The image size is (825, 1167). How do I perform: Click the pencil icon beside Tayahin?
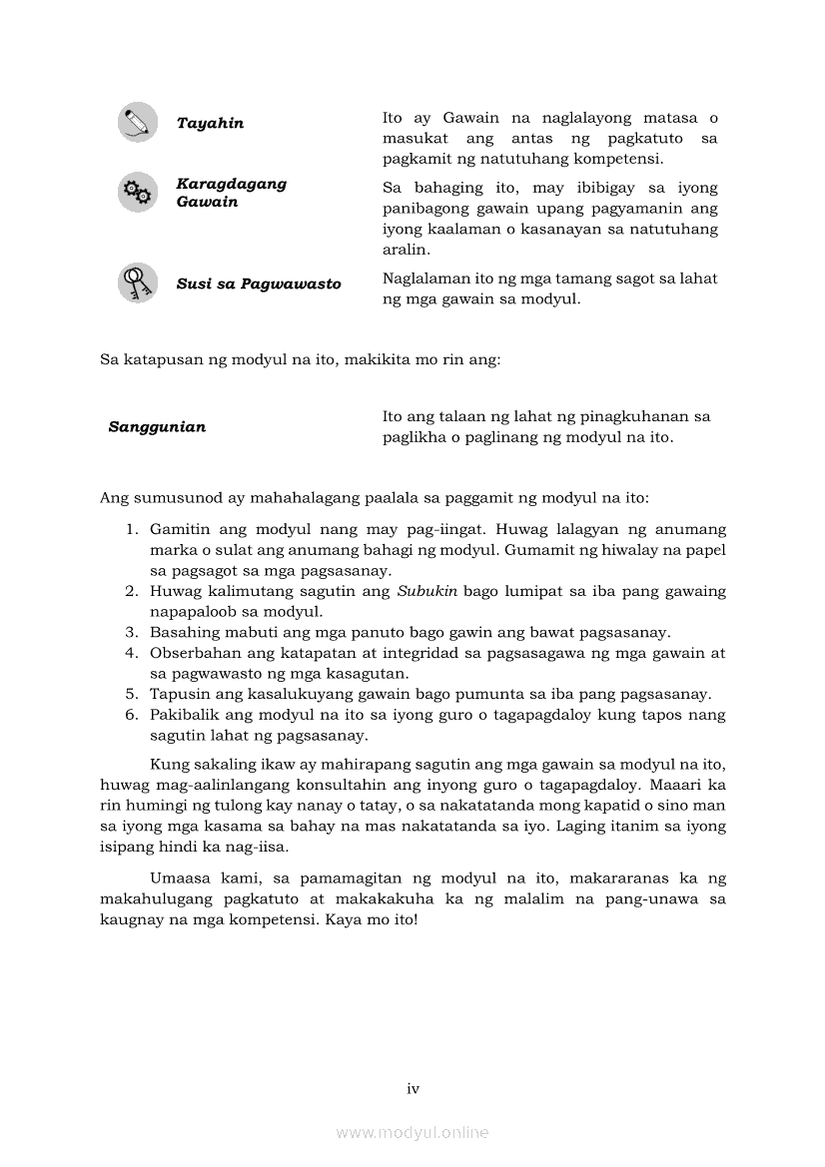pyautogui.click(x=137, y=122)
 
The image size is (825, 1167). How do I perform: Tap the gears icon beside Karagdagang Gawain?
pyautogui.click(x=137, y=192)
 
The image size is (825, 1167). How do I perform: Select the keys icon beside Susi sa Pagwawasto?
pyautogui.click(x=137, y=283)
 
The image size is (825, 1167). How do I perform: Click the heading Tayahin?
pyautogui.click(x=210, y=123)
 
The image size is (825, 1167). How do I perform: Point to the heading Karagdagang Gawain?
pyautogui.click(x=231, y=193)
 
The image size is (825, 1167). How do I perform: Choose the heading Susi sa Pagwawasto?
pyautogui.click(x=259, y=284)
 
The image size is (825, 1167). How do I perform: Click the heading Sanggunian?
pyautogui.click(x=157, y=426)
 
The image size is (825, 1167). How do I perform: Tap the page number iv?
pyautogui.click(x=412, y=1088)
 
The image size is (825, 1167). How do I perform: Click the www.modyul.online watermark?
pyautogui.click(x=412, y=1132)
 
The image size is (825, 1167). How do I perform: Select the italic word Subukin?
pyautogui.click(x=427, y=591)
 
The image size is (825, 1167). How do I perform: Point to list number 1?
pyautogui.click(x=130, y=529)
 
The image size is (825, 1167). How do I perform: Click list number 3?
pyautogui.click(x=130, y=632)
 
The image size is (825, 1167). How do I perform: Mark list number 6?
pyautogui.click(x=130, y=715)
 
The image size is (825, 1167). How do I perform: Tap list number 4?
pyautogui.click(x=130, y=653)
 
